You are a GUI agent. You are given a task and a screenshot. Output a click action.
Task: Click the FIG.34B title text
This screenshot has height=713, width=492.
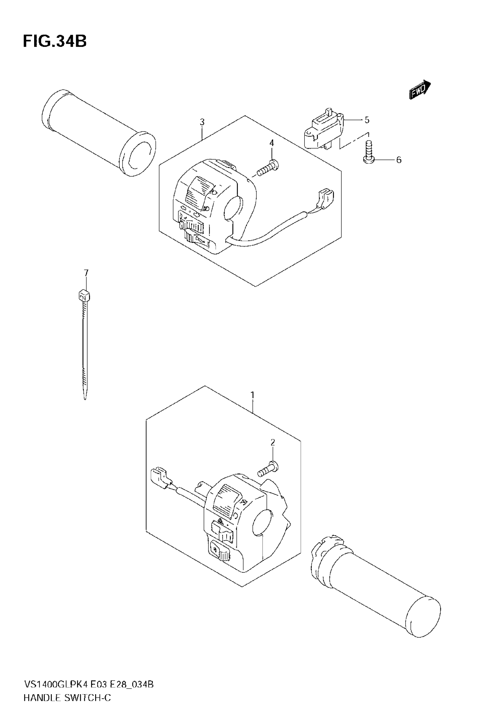pos(55,41)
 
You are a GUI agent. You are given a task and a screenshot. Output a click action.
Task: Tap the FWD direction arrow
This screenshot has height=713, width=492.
pos(420,90)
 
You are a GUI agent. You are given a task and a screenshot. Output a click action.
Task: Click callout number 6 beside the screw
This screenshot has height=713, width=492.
pos(399,160)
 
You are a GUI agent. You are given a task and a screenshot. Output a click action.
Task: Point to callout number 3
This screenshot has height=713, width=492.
pos(202,122)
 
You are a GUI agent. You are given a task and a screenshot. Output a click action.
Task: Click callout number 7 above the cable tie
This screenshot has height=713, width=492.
pos(86,273)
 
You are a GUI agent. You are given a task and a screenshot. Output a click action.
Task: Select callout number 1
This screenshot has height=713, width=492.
pos(252,395)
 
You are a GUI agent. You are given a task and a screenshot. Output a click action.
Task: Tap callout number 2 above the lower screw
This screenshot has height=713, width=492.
pos(273,443)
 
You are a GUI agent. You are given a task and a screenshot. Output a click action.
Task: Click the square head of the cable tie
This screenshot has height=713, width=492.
pos(83,296)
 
